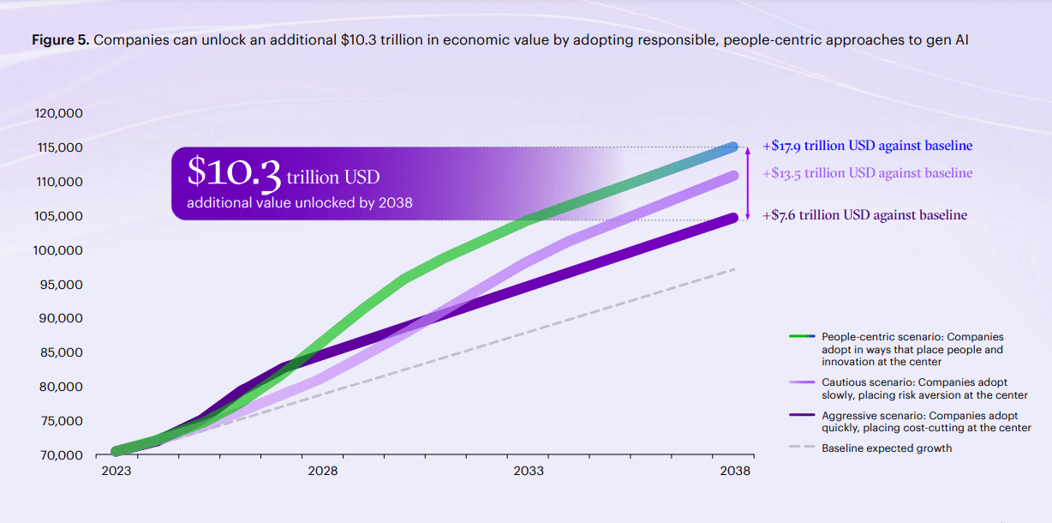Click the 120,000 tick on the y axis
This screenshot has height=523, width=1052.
point(58,113)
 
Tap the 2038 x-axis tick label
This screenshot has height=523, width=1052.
point(735,472)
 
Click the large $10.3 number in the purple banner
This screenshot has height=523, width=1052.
point(234,173)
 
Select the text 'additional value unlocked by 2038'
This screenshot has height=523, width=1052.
point(300,203)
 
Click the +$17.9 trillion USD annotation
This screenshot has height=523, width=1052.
point(867,146)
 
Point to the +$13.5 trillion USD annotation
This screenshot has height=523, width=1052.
point(867,173)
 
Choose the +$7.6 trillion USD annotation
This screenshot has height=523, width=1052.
point(864,214)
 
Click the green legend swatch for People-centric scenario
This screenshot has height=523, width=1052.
point(801,337)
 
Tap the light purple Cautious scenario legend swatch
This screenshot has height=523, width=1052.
point(801,382)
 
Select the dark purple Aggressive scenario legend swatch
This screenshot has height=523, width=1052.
point(801,416)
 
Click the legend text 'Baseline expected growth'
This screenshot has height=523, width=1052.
point(887,448)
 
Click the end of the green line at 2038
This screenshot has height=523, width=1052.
point(732,147)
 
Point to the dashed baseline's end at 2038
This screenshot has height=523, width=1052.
point(734,269)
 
